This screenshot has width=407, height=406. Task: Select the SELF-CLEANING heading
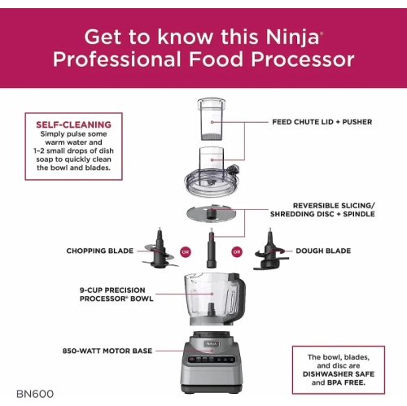tap(73, 124)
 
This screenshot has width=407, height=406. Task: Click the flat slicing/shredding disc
tap(211, 212)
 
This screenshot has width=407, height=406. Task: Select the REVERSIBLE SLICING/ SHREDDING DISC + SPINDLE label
tap(321, 209)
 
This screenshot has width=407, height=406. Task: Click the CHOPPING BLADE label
tap(100, 251)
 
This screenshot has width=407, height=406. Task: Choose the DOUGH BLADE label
tap(324, 251)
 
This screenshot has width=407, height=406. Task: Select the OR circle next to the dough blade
tap(237, 251)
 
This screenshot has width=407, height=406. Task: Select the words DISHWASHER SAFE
tap(337, 373)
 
